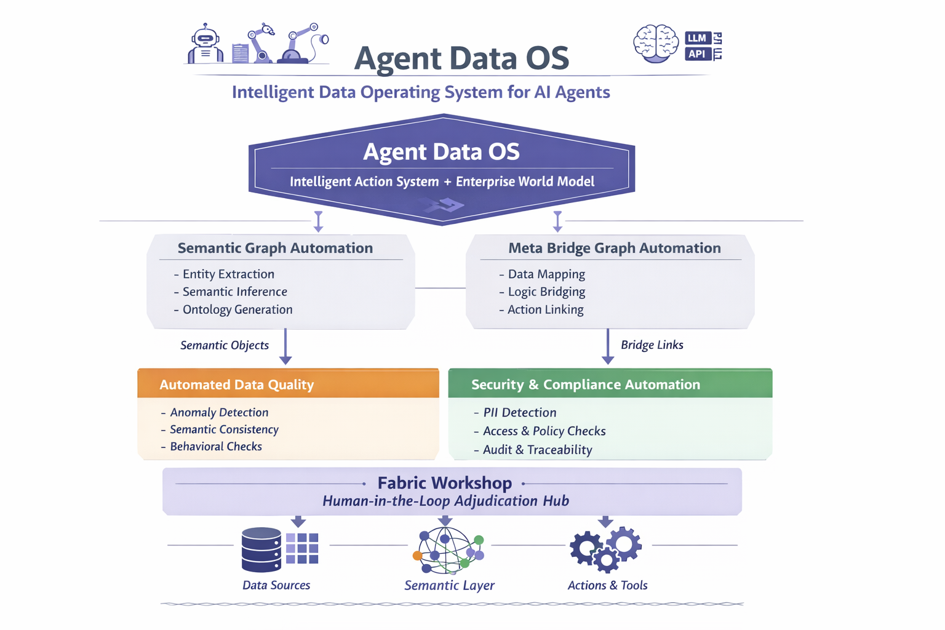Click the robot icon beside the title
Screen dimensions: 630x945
point(205,44)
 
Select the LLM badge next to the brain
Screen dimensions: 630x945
point(698,38)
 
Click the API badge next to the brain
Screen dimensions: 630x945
point(698,54)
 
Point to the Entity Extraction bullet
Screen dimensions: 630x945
point(228,274)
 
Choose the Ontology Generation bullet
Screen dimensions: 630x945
point(237,309)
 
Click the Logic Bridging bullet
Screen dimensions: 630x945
point(546,292)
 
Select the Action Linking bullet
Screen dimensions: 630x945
point(545,309)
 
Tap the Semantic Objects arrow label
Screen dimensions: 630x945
point(225,345)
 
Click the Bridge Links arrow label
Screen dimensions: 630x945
point(652,345)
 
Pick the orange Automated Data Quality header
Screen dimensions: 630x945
point(288,385)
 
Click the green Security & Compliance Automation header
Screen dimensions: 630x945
point(610,385)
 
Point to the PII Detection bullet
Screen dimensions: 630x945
point(519,413)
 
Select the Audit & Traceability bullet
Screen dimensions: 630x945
point(537,450)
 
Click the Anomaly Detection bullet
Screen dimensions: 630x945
point(219,413)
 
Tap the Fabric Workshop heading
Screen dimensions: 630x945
point(444,483)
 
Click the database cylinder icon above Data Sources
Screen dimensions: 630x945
point(261,549)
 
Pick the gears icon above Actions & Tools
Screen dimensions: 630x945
point(605,548)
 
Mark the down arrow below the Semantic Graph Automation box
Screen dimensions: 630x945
point(285,348)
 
